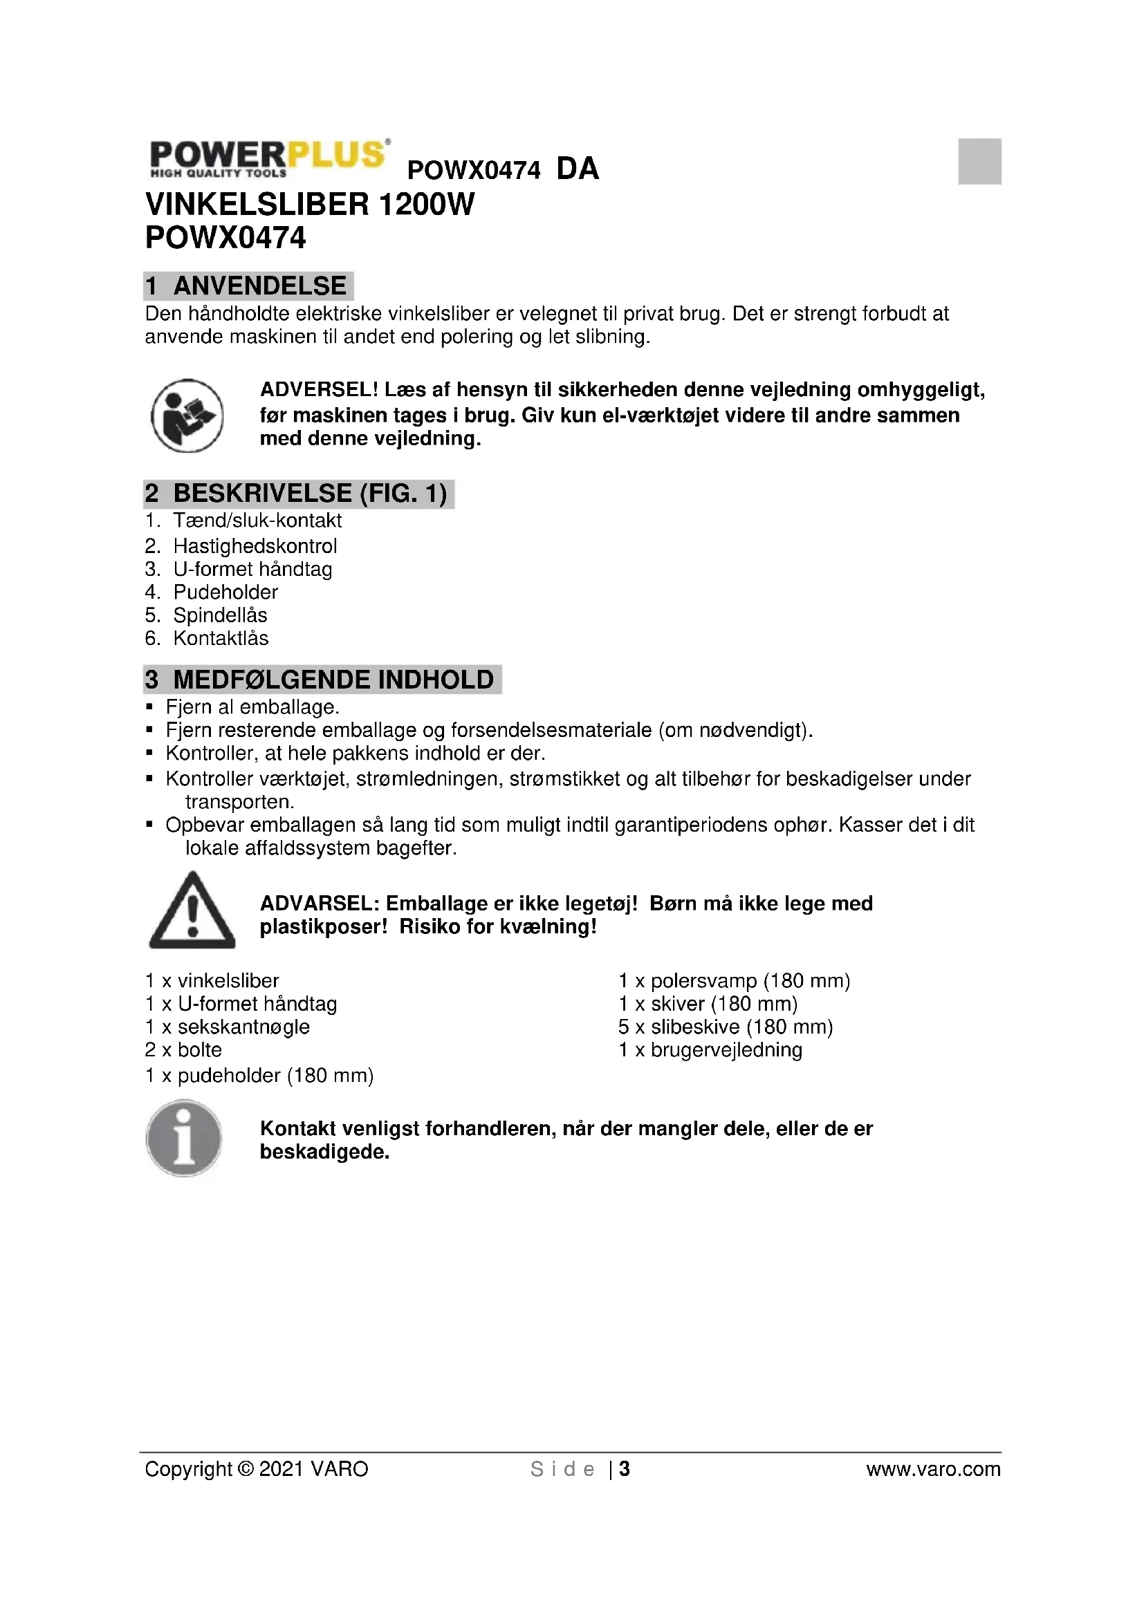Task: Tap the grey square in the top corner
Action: click(979, 161)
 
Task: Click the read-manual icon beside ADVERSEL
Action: click(187, 415)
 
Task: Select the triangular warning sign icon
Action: click(192, 911)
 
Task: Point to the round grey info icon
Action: click(184, 1138)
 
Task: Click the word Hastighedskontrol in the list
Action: click(255, 546)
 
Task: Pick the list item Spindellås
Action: click(220, 615)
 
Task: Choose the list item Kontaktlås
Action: click(221, 638)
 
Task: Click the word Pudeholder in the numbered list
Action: click(225, 592)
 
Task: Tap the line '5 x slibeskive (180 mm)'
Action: click(726, 1027)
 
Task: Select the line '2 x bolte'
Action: click(183, 1050)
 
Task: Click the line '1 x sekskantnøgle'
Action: click(227, 1027)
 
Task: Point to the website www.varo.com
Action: click(932, 1469)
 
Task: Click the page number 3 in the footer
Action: click(624, 1469)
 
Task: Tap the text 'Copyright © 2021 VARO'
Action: click(257, 1469)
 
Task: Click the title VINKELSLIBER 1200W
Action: click(310, 204)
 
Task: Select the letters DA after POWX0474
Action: click(578, 169)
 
